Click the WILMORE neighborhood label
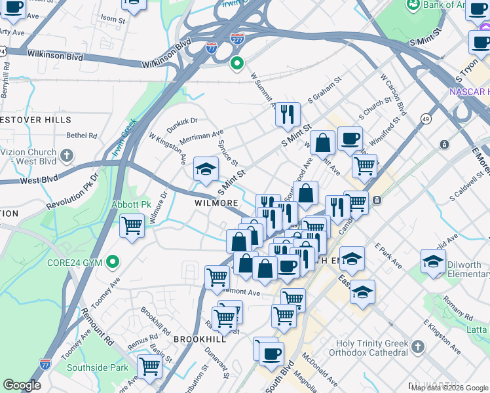click(216, 203)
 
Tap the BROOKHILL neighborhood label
click(200, 339)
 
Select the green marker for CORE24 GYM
click(113, 263)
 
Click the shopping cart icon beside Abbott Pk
click(132, 226)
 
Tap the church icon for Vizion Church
click(66, 155)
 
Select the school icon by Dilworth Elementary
click(433, 261)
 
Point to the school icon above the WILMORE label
click(206, 170)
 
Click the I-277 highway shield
click(238, 39)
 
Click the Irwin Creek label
click(123, 138)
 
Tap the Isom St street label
click(113, 20)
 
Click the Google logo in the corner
click(22, 385)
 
